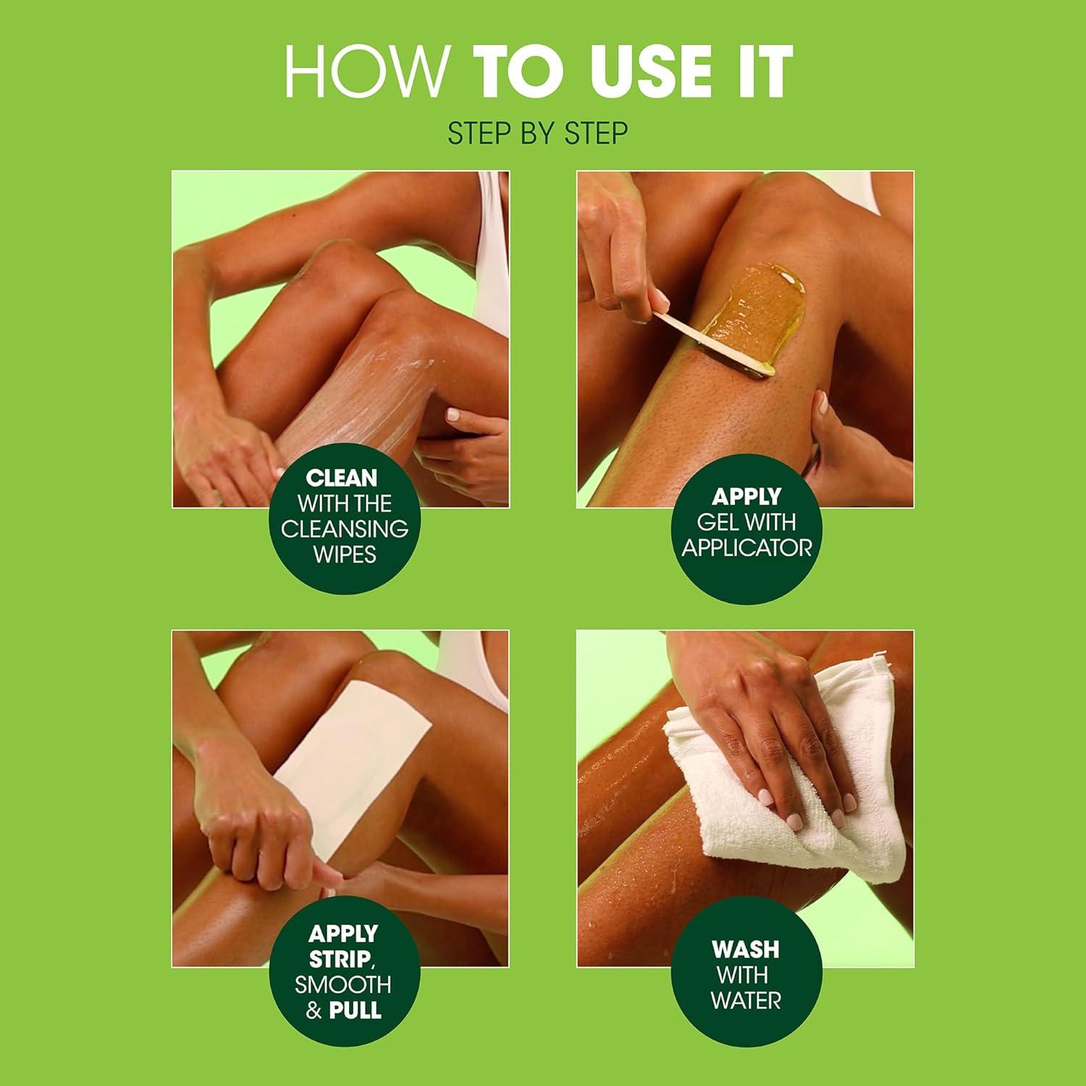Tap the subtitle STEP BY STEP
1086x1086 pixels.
click(x=537, y=134)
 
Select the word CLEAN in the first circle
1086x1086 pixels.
click(x=342, y=478)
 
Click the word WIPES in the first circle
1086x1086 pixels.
click(x=345, y=555)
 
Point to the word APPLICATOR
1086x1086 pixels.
click(x=746, y=548)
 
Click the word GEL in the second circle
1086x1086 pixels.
click(x=718, y=522)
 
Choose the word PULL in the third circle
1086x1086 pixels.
click(x=355, y=1010)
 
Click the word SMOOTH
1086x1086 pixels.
click(x=343, y=985)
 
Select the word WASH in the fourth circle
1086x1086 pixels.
click(x=745, y=948)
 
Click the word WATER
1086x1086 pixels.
click(x=746, y=1001)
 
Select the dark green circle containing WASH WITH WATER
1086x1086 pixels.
click(x=746, y=974)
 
